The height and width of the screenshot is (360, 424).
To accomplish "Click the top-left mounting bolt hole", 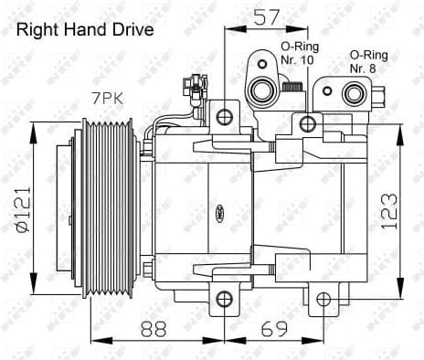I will [224, 117].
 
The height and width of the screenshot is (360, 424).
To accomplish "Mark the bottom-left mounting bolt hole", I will [224, 298].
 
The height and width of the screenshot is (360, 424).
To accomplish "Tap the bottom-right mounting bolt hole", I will [322, 298].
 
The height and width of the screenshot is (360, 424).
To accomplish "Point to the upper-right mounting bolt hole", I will [307, 123].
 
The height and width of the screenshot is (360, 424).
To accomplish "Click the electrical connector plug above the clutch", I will [193, 89].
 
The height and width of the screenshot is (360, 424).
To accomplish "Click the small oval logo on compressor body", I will [220, 216].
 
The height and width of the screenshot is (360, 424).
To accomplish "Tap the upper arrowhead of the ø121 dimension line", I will [33, 126].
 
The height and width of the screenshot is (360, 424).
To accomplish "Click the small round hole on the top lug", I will [260, 64].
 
